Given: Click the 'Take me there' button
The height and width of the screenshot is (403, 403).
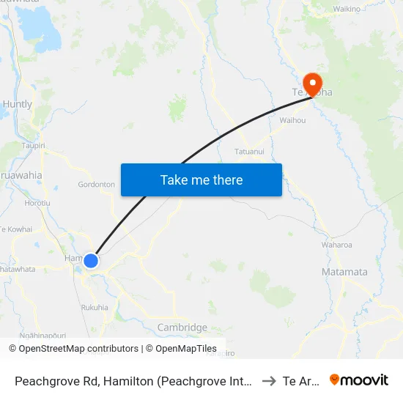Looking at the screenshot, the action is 202,180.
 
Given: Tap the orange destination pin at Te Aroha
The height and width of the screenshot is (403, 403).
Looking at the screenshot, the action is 313,84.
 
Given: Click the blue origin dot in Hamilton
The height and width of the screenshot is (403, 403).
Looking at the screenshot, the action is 91,261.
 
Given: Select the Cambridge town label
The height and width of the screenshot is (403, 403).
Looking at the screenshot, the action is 182,328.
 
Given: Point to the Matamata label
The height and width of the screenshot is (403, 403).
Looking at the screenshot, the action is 344,272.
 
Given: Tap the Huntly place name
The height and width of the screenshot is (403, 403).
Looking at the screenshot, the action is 18,104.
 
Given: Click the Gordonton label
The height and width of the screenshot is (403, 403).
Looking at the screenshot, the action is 97,185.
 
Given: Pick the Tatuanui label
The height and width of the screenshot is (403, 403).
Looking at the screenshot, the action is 249,152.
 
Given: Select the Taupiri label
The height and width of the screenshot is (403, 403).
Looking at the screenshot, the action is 34,146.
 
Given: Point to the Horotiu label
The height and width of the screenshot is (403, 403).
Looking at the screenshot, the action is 37,202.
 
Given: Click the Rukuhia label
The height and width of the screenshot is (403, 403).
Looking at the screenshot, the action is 95,307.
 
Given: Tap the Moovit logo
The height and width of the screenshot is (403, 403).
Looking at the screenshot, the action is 359,380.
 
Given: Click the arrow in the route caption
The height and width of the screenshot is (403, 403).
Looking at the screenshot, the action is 268,380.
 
